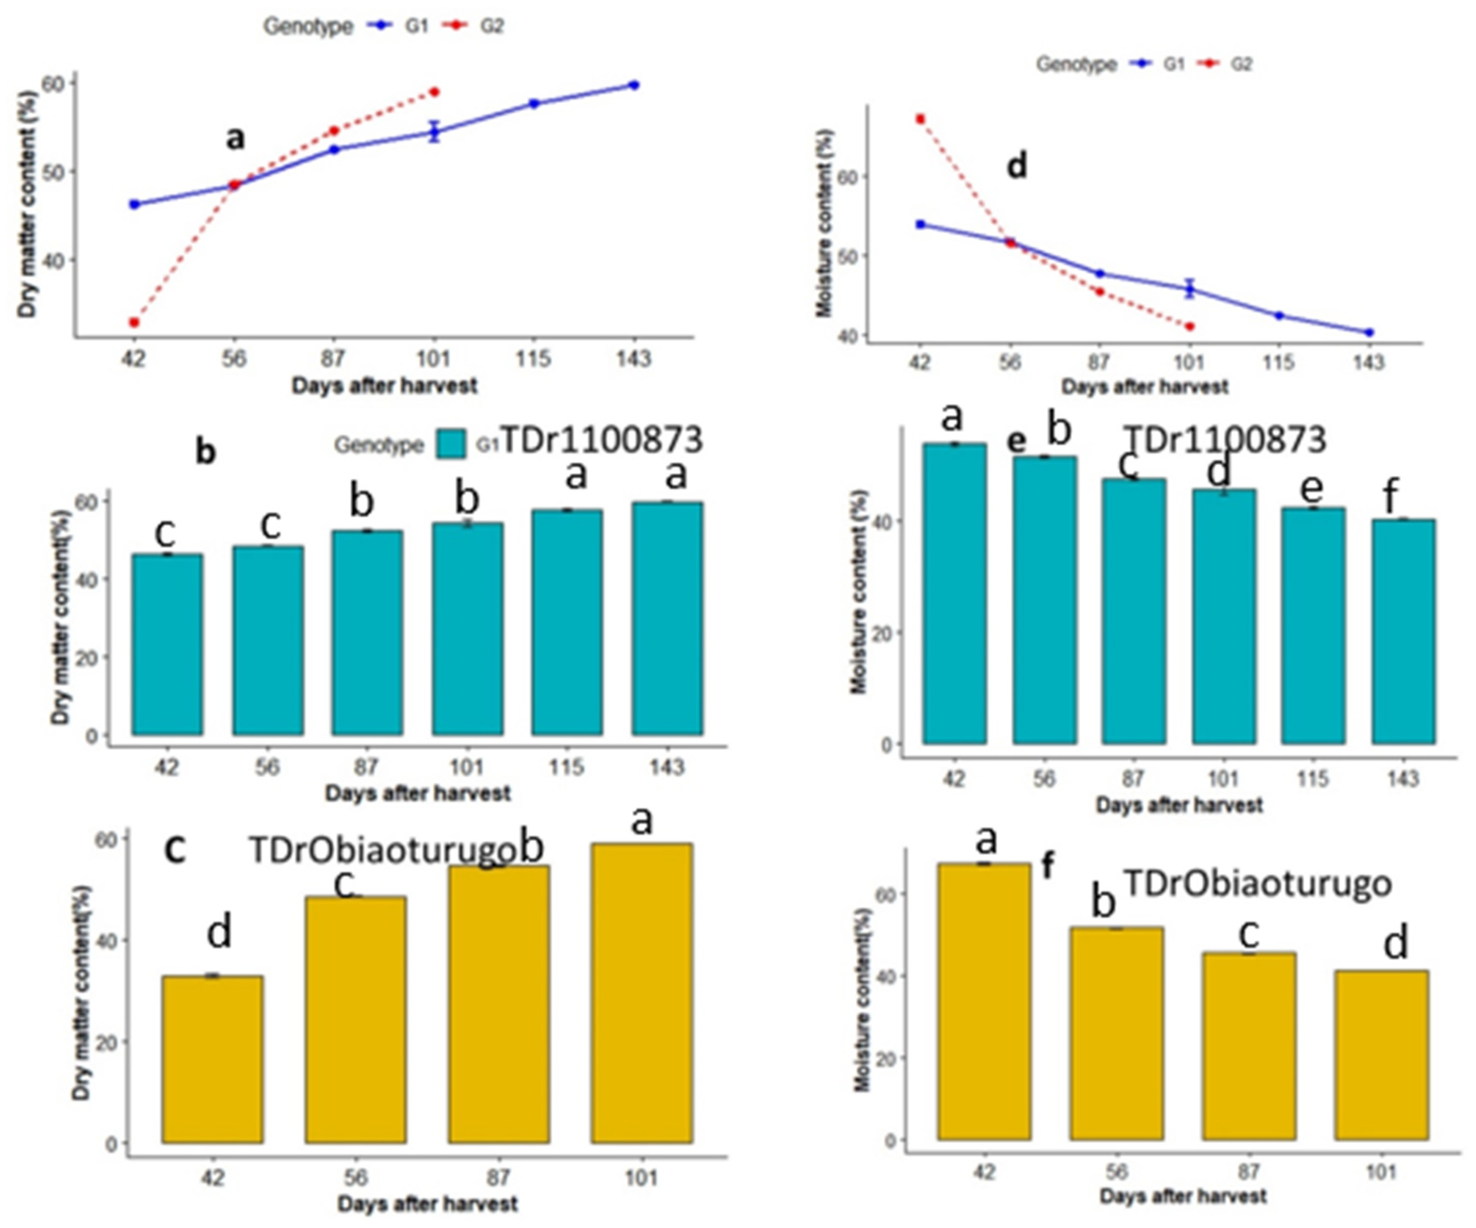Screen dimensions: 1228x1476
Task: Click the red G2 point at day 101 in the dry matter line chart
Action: point(434,92)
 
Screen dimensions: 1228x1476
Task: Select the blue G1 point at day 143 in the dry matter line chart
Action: point(634,85)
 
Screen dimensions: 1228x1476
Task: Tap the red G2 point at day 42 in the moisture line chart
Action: point(920,119)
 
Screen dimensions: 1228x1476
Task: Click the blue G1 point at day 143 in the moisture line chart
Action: point(1369,332)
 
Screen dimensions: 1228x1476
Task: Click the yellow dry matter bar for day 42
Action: point(212,1058)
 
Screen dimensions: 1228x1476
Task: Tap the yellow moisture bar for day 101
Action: point(1381,1054)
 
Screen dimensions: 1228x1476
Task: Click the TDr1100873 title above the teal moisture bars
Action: point(1226,440)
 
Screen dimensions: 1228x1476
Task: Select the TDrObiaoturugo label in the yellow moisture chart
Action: point(1257,883)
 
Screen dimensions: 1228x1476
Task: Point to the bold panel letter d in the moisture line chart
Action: point(1017,167)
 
